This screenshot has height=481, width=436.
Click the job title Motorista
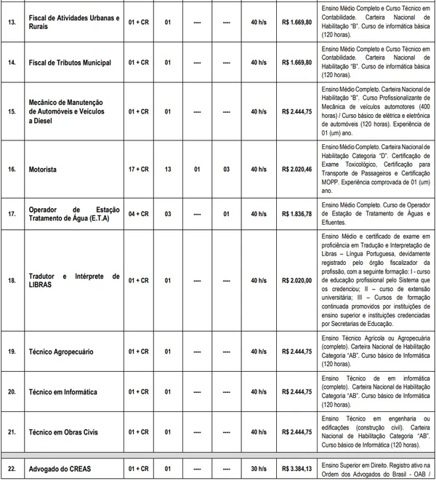(43, 169)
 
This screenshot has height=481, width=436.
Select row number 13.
(11, 21)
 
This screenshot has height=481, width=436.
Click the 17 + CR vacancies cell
(138, 169)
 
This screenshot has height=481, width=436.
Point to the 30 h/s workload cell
(258, 469)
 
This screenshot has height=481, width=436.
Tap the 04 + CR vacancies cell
(138, 215)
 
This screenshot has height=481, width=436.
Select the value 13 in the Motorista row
(168, 169)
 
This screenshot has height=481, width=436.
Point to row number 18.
(11, 280)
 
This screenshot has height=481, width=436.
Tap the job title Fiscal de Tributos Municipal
(70, 63)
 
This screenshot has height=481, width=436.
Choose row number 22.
(11, 469)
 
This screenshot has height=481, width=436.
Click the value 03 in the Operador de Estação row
(168, 215)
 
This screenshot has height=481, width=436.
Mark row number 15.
(11, 112)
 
